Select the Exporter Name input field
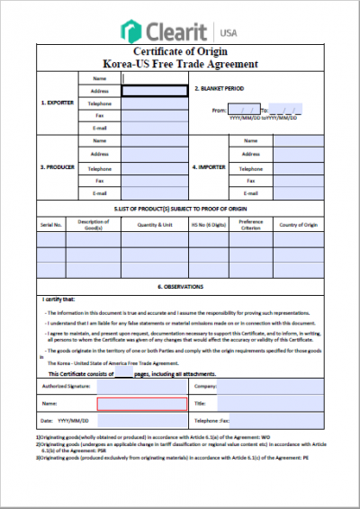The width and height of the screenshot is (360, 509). [155, 78]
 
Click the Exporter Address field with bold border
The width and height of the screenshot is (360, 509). [155, 91]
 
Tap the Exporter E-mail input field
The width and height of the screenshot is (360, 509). [155, 128]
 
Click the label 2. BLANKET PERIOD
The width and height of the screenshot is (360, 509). [220, 89]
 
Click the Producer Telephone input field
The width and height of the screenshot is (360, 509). [155, 168]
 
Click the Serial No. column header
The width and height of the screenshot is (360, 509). [50, 224]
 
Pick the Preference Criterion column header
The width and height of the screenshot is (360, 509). [251, 224]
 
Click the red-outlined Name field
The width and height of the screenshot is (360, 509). [141, 404]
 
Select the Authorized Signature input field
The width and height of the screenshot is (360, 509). [141, 387]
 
